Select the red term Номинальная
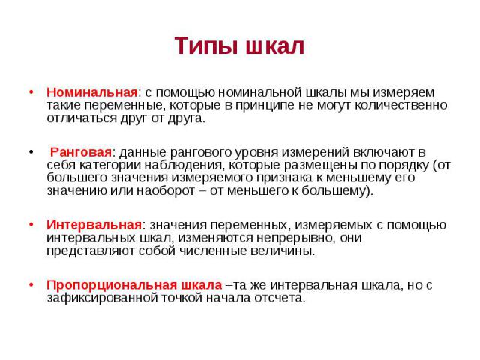[x=92, y=92]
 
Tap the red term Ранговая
[x=81, y=152]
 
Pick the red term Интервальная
[x=94, y=225]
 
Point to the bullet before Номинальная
[x=31, y=91]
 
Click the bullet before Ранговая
[x=31, y=151]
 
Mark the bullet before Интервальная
[x=31, y=225]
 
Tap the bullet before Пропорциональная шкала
[x=31, y=285]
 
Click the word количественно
[x=401, y=105]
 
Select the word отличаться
[x=82, y=118]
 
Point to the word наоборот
[x=166, y=190]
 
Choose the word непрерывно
[x=295, y=238]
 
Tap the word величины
[x=283, y=251]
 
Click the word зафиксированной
[x=102, y=298]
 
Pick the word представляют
[x=91, y=251]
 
